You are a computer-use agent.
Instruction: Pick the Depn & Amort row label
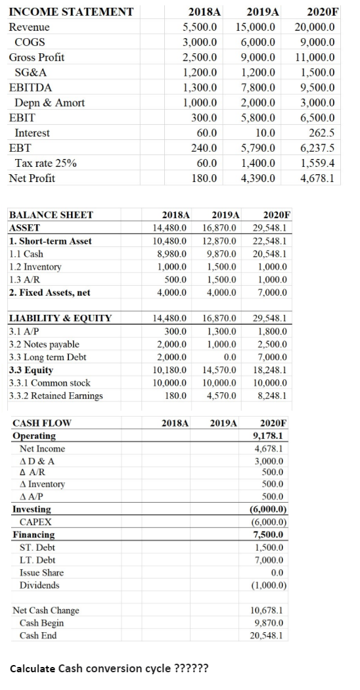tap(49, 103)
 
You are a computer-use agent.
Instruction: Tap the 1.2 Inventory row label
tap(35, 267)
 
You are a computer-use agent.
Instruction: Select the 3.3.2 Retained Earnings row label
tap(56, 396)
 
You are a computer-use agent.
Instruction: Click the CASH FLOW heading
tap(42, 423)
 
